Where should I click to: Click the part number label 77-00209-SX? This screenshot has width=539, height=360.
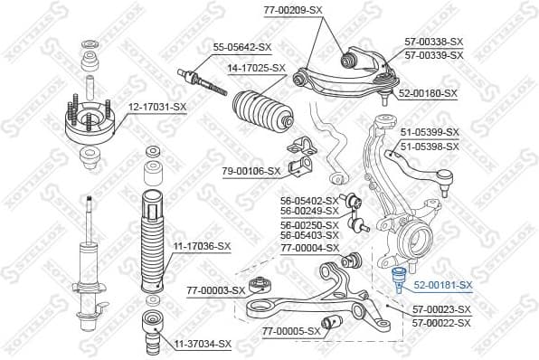coord(292,10)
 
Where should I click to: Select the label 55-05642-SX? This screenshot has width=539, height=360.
coord(242,47)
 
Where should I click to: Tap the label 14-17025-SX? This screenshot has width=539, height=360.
coord(256,68)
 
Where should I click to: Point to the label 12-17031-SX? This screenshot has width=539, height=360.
coord(156,108)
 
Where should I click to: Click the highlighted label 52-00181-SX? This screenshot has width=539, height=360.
coord(443,285)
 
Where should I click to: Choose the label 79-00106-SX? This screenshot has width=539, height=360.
coord(251,170)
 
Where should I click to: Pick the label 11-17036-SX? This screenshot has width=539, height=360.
coord(203,245)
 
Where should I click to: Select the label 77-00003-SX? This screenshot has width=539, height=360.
coord(215,290)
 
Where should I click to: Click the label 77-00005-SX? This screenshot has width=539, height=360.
coord(291,331)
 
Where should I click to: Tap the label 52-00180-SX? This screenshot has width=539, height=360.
coord(428,93)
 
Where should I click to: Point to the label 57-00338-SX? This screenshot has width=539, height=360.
coord(433,42)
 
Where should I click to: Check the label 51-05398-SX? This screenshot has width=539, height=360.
coord(430,146)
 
